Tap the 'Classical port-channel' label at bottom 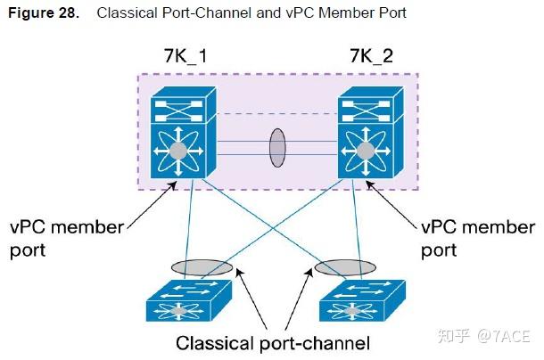272,342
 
